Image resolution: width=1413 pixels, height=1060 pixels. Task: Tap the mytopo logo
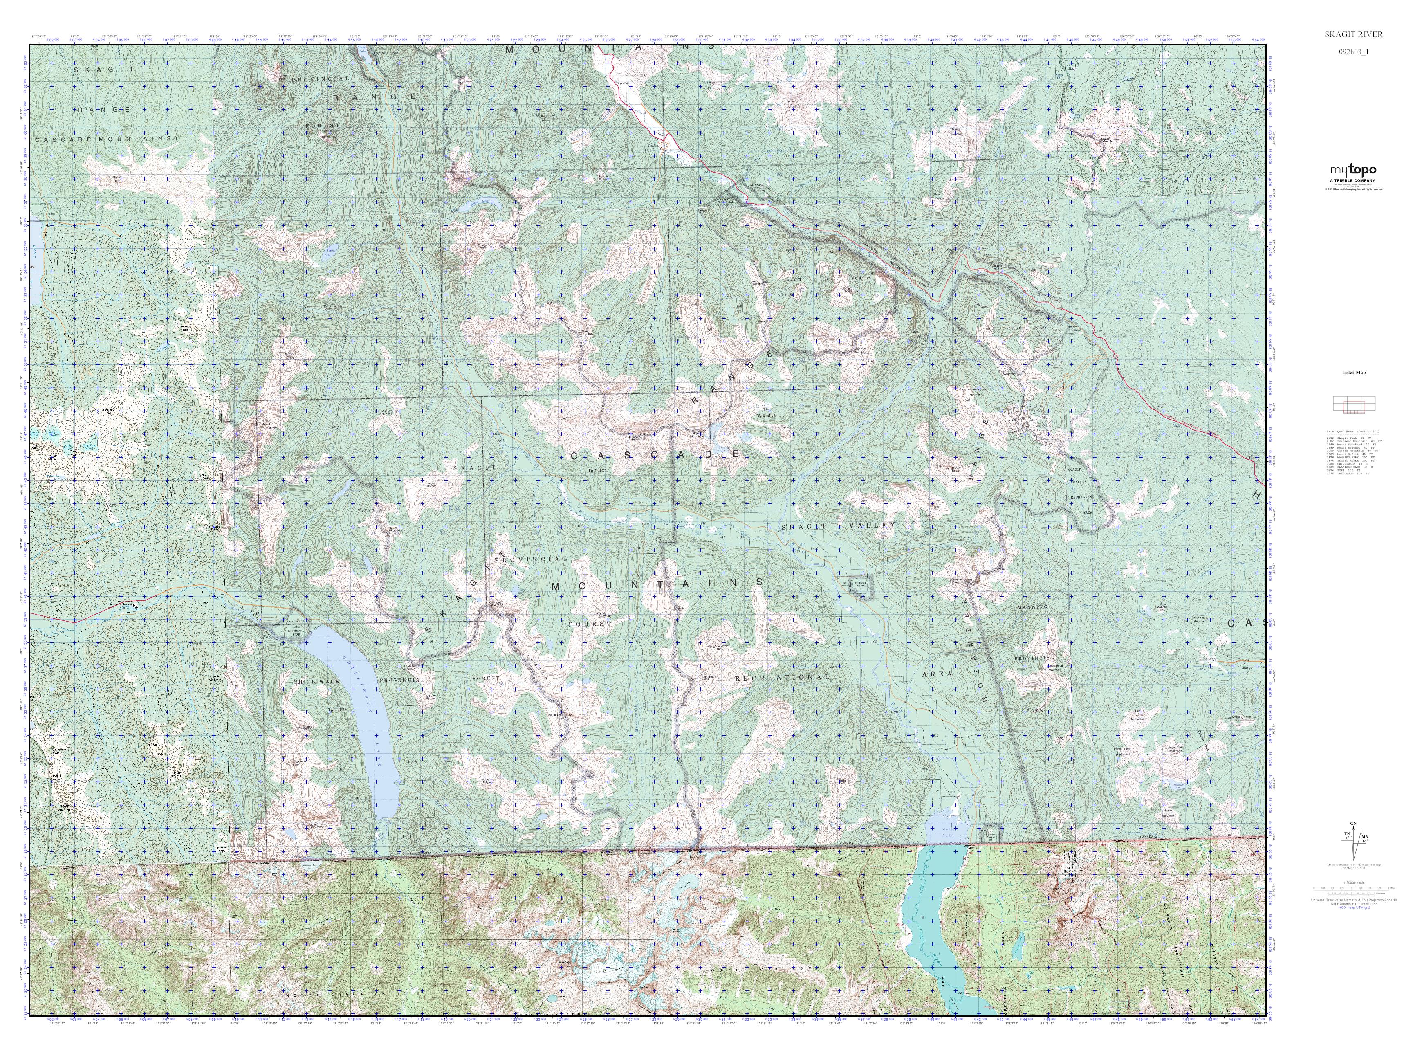click(1352, 171)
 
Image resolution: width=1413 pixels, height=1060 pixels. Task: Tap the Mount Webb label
click(307, 728)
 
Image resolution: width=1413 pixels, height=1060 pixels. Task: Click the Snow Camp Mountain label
click(1176, 750)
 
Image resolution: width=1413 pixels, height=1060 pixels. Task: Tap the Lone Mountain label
click(1169, 813)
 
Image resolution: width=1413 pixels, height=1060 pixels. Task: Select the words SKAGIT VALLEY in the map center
click(839, 525)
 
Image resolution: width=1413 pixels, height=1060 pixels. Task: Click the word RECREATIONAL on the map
click(783, 677)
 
